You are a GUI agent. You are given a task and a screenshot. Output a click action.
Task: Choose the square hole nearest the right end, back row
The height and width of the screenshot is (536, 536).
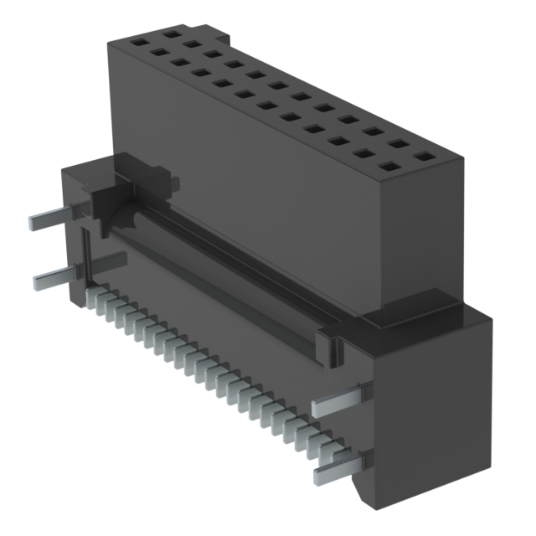(x=426, y=156)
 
